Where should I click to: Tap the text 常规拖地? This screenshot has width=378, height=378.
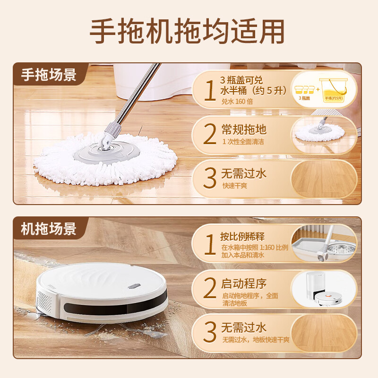pos(244,129)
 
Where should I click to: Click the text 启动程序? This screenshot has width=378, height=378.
pos(244,283)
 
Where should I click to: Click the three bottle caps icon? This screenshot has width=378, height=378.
pos(305,89)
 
